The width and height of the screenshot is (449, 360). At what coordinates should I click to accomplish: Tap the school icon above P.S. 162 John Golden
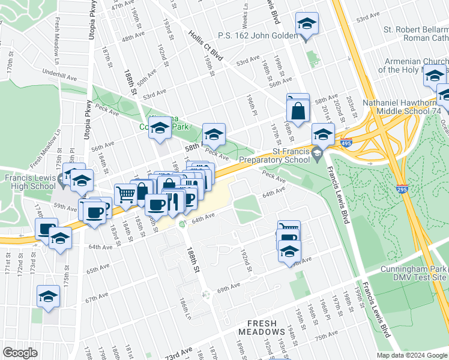click(x=307, y=25)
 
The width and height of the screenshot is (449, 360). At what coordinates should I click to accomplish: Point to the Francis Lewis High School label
click(x=30, y=182)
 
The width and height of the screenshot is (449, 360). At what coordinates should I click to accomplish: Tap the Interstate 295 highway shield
click(x=402, y=189)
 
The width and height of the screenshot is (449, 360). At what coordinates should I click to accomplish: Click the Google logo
click(x=20, y=353)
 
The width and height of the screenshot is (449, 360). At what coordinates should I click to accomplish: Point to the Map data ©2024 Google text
click(x=411, y=355)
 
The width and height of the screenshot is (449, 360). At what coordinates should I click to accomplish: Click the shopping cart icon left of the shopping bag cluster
click(x=125, y=194)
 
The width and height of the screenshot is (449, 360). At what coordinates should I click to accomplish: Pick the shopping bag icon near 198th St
click(x=298, y=110)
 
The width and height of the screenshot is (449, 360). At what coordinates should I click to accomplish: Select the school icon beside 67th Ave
click(x=48, y=296)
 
